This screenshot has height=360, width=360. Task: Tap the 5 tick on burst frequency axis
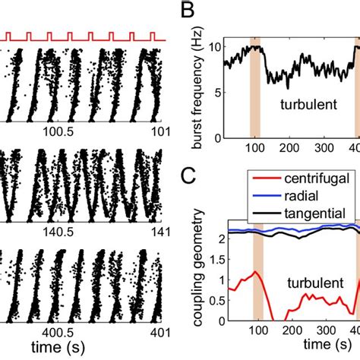[x=216, y=93]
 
